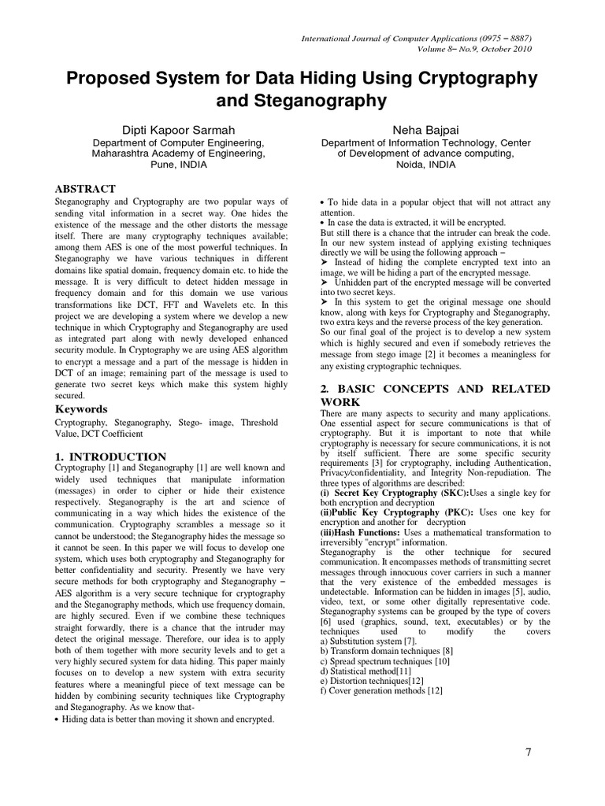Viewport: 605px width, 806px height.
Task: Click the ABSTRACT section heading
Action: click(x=84, y=189)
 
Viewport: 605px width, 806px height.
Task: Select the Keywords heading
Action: click(x=81, y=409)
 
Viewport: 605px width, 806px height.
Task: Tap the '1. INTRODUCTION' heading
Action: click(x=110, y=457)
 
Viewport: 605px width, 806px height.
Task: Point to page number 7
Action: click(x=529, y=752)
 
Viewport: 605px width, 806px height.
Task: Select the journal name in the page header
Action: click(x=415, y=38)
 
